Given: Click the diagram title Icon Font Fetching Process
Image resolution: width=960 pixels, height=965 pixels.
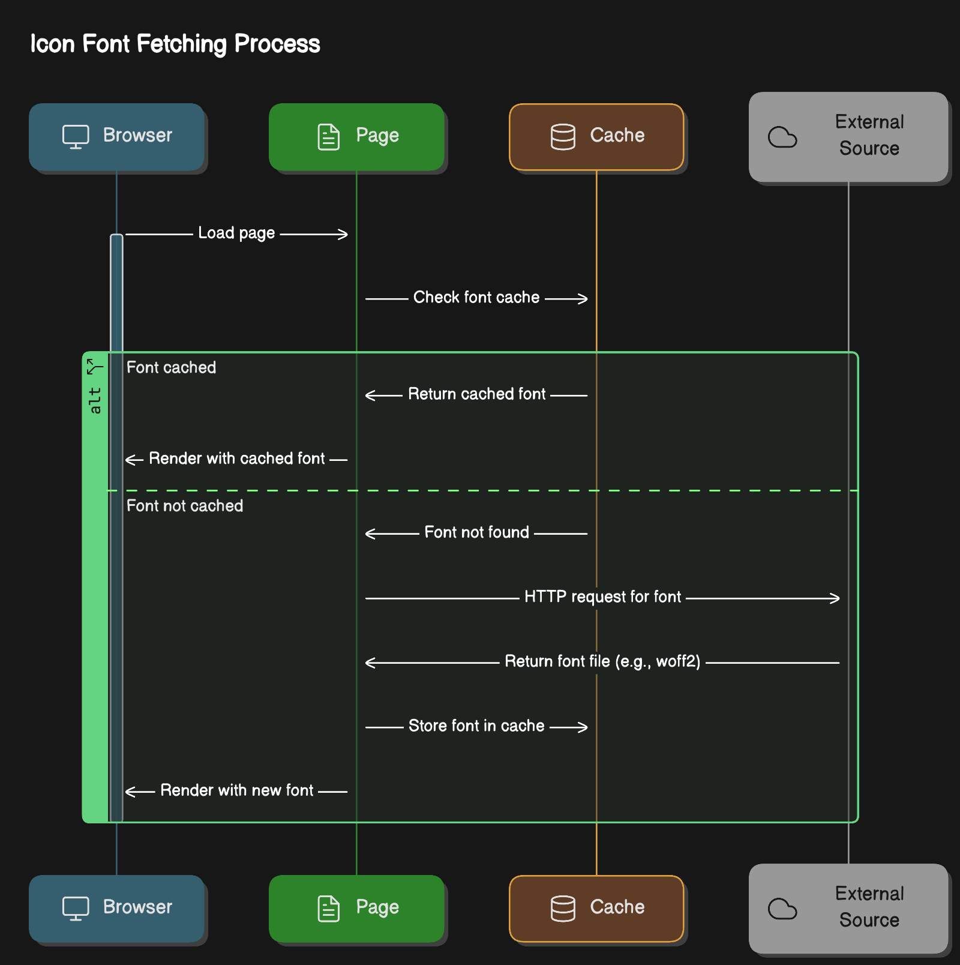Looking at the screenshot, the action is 175,44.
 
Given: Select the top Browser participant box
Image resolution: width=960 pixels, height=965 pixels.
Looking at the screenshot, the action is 117,137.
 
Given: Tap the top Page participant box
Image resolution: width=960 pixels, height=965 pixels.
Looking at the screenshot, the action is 356,137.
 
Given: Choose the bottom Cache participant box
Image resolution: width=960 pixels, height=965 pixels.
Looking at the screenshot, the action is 596,909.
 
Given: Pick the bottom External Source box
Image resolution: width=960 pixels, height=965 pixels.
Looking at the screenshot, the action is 848,909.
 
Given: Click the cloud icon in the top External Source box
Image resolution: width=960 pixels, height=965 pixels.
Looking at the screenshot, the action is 782,137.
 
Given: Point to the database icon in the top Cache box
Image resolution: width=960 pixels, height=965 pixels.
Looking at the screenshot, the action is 563,137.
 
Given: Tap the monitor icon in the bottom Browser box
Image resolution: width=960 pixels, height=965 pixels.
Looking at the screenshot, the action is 76,909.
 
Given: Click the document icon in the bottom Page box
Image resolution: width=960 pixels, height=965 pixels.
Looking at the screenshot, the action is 328,909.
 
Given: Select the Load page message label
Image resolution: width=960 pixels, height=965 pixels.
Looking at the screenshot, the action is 236,233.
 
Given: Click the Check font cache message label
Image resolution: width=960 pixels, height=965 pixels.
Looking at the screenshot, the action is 476,297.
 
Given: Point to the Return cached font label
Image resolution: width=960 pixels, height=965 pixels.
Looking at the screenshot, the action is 477,394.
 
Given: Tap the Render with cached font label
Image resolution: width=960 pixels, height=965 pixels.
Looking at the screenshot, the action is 237,458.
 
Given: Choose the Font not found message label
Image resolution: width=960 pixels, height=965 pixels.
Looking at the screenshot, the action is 477,532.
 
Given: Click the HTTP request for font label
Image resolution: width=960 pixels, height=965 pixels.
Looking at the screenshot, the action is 602,597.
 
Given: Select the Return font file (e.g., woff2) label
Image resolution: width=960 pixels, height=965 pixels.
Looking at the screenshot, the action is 602,661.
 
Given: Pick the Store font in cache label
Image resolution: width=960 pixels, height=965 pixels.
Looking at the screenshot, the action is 476,726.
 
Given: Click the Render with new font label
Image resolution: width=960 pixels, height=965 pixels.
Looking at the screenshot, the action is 237,790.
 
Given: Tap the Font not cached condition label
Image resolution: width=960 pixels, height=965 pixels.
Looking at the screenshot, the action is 185,506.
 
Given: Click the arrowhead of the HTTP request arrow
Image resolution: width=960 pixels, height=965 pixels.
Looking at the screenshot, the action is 835,598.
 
